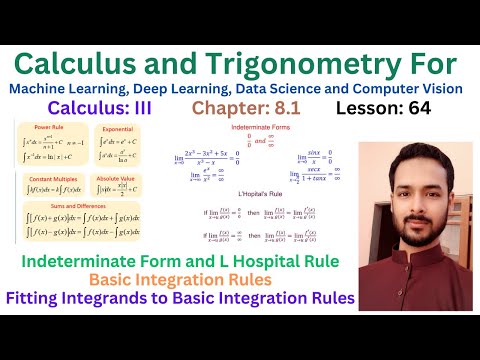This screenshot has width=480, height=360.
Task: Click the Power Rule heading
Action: (49, 129)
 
